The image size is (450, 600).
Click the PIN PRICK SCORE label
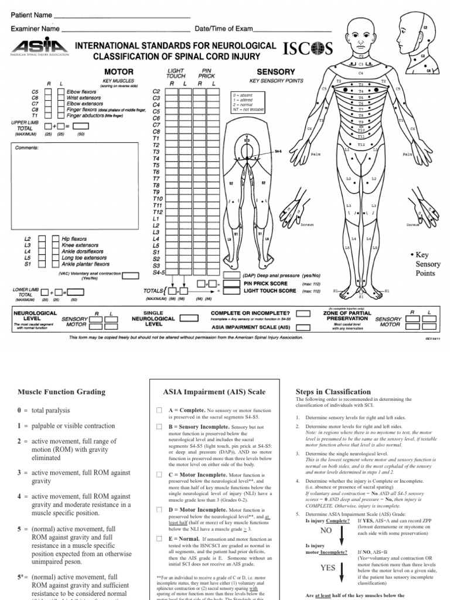pos(270,283)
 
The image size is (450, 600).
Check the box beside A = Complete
pos(158,411)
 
